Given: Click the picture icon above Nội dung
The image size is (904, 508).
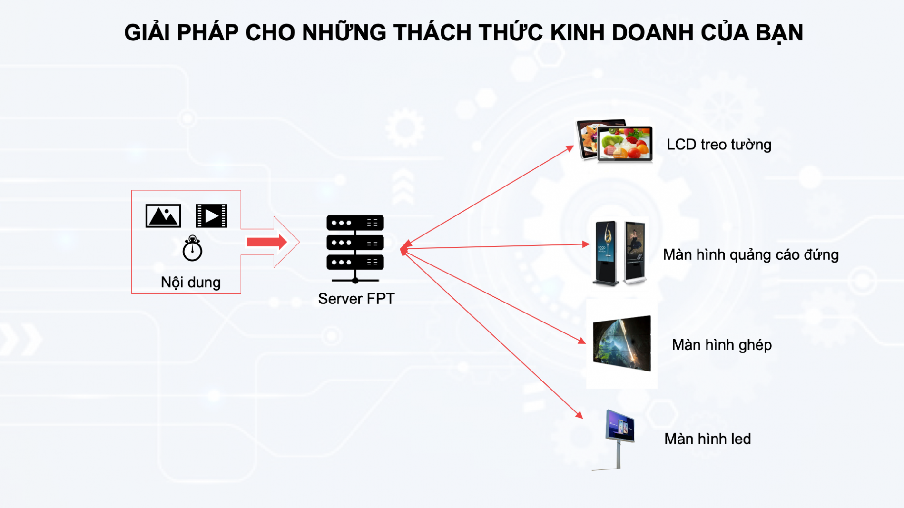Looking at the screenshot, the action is point(163,216).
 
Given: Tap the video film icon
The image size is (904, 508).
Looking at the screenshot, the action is point(212,216).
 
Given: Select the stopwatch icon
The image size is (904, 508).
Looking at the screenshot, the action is point(192,248).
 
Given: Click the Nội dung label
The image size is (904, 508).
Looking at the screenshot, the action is point(191,282).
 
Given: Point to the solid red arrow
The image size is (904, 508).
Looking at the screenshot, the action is point(267,242).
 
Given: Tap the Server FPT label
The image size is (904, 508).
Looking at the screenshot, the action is point(356,299).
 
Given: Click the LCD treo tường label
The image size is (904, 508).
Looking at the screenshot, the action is point(719,145).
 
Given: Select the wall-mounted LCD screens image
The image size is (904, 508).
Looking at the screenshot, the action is point(614,140).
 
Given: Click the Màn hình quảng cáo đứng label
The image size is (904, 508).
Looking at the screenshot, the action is point(751,255).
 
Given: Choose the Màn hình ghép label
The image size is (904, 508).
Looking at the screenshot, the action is point(722,345).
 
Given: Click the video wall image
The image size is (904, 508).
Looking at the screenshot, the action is point(622,343).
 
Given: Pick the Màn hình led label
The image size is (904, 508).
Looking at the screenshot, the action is point(707,439).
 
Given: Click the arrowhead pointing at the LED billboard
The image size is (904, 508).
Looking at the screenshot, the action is point(580,414).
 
